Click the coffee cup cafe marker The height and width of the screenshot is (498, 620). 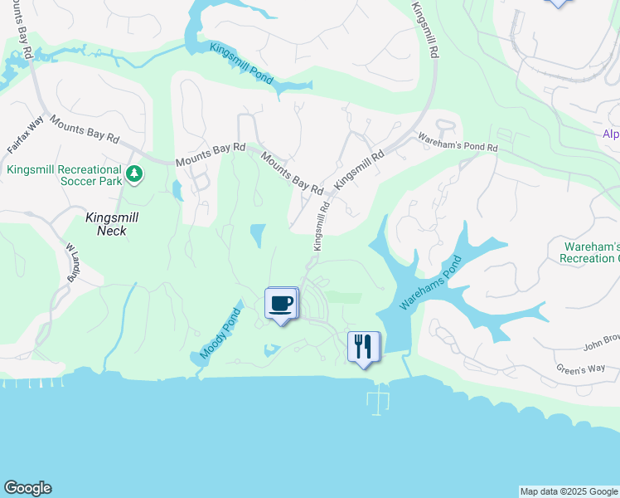[281, 303]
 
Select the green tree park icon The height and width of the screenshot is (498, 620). [133, 174]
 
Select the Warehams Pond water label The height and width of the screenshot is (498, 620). [429, 283]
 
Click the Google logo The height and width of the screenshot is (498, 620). [27, 488]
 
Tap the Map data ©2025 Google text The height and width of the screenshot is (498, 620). [569, 491]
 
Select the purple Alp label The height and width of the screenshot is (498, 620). [610, 134]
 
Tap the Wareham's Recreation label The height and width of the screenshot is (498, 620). [590, 253]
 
